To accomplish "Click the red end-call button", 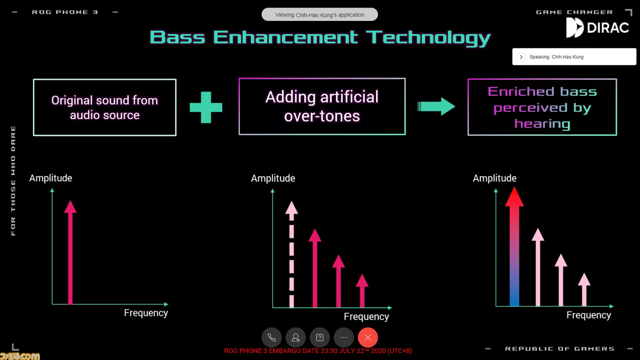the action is point(367,337).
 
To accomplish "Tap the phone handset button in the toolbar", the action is point(271,337).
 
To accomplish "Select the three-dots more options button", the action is point(343,337).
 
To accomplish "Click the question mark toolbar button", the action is point(319,337).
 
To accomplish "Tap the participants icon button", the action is point(295,337).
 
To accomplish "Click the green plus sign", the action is point(206,107).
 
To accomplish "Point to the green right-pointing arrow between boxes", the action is point(436,106).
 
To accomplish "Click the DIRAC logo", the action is point(597,27).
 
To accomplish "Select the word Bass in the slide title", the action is point(177,37).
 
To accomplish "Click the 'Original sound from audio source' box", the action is point(104,107).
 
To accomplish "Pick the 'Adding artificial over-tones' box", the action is point(322,106).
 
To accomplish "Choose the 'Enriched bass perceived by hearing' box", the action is point(542,107).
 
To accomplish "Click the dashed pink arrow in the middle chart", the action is point(291,254).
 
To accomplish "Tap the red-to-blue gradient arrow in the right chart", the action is point(514,246).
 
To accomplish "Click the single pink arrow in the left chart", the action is point(70,252).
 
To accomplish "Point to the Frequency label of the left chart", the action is point(145,313).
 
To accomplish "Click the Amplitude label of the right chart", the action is point(494,178).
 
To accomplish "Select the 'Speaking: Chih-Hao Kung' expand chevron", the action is point(521,57).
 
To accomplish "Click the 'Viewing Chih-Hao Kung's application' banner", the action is point(319,14).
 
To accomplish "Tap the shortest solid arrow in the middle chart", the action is point(362,290).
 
